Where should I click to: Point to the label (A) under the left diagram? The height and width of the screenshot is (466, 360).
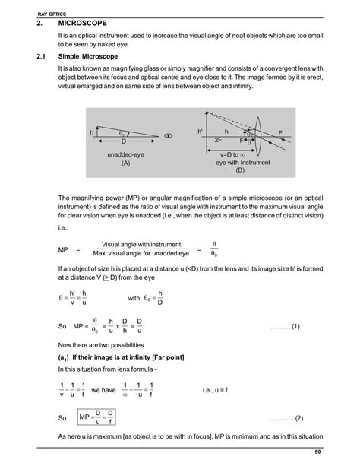(x=125, y=163)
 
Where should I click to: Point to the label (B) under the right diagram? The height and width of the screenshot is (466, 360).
(x=239, y=171)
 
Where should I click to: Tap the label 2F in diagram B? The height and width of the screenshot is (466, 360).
(x=218, y=141)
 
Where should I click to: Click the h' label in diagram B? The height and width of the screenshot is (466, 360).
(x=201, y=132)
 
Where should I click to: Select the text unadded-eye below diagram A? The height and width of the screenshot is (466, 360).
(x=125, y=154)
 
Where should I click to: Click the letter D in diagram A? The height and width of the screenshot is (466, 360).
(x=124, y=142)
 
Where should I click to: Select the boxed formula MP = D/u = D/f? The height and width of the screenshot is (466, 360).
(x=98, y=418)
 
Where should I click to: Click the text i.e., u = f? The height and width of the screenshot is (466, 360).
(x=219, y=389)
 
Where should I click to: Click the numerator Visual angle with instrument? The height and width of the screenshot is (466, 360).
(x=141, y=243)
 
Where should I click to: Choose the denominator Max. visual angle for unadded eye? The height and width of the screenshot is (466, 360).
(x=141, y=253)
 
